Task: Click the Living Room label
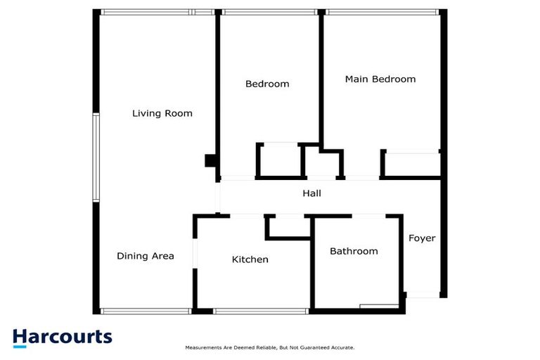coord(162,113)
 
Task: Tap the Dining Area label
coord(145,256)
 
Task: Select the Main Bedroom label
coord(380,79)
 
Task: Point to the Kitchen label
coord(250,259)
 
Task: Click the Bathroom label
coord(354,251)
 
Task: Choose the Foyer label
coord(422,238)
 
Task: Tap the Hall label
coord(311,193)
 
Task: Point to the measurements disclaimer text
coord(269,348)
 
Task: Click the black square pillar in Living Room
coord(210,161)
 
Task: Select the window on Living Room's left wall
coord(96,157)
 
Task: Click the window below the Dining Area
coord(145,311)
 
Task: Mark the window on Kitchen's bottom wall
coord(260,311)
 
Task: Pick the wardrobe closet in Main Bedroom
coord(411,164)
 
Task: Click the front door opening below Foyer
coord(424,295)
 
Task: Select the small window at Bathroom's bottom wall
coord(379,307)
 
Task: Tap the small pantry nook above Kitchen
coord(288,226)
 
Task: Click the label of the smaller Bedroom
coord(267,84)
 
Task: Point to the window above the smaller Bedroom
coord(268,12)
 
